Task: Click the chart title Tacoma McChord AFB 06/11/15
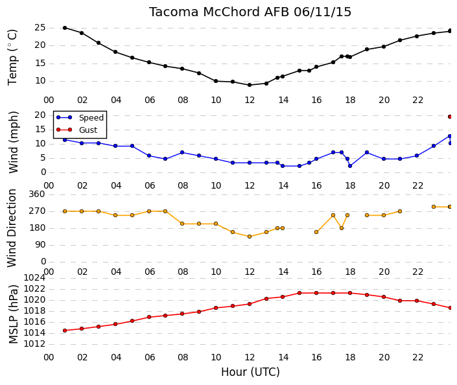tap(250, 12)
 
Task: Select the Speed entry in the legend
tap(91, 117)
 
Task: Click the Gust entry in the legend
tap(88, 130)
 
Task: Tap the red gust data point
tap(450, 117)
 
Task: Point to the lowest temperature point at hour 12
tap(250, 85)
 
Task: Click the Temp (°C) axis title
tap(12, 58)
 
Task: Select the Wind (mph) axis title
tap(13, 142)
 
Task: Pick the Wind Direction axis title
tap(12, 228)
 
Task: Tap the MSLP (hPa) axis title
tap(13, 314)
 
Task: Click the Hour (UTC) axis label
tap(250, 372)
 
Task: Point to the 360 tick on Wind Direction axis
tap(37, 194)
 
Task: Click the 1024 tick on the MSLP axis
tap(34, 277)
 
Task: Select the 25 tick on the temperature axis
tap(40, 28)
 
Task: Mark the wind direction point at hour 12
tap(250, 237)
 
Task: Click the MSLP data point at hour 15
tap(299, 293)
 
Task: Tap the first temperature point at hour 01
tap(65, 28)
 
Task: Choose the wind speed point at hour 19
tap(367, 152)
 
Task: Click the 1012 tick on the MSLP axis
tap(34, 344)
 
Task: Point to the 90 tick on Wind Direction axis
tap(40, 244)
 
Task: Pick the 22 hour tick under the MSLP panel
tap(417, 357)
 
